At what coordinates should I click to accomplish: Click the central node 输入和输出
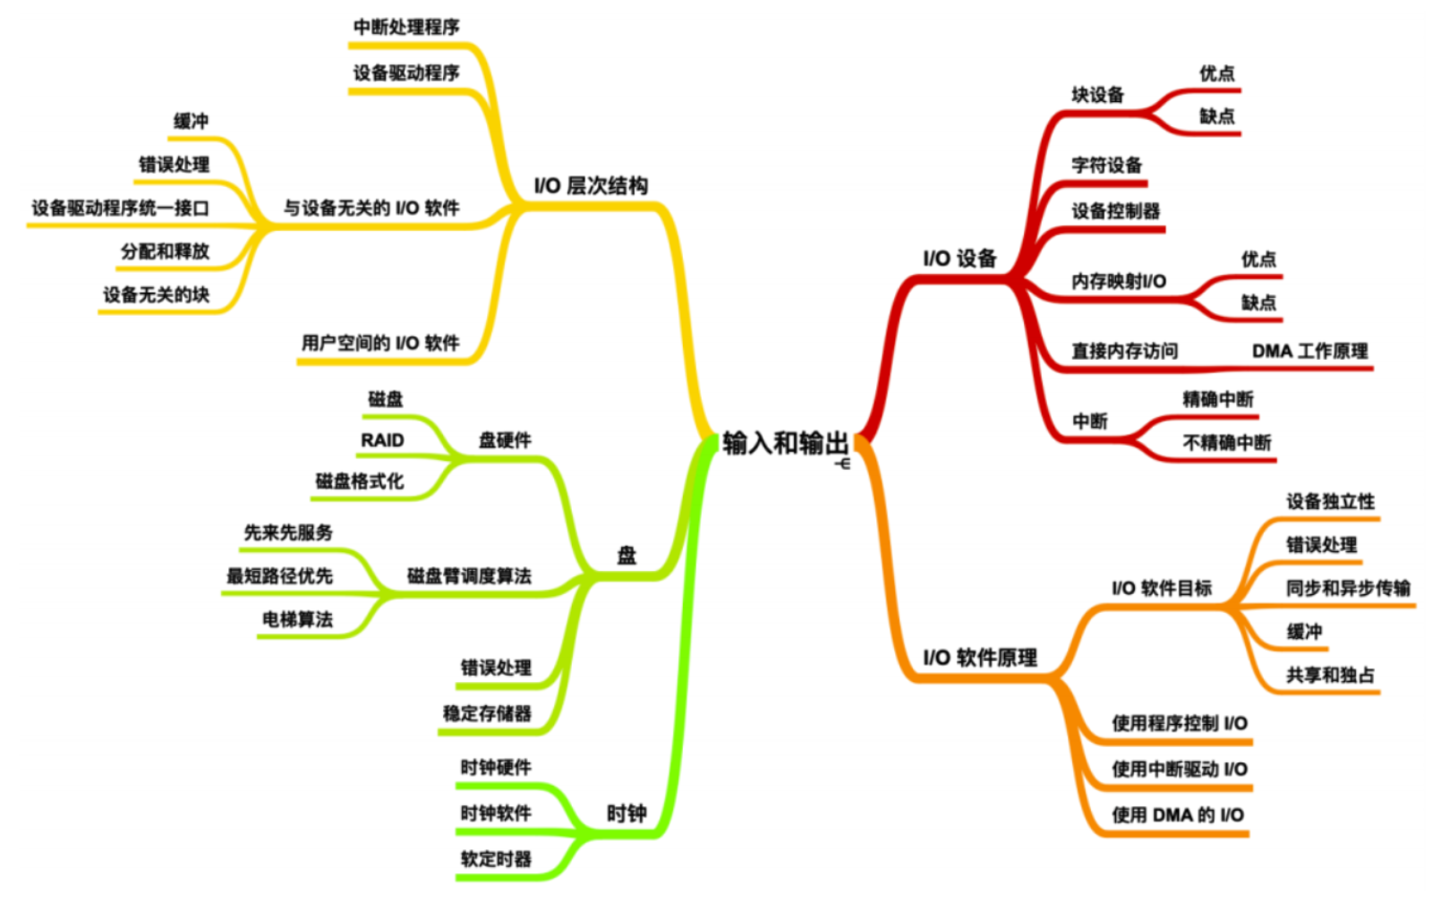[785, 443]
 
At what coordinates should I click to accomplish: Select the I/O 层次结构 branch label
[591, 186]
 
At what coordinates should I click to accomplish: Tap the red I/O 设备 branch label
[959, 259]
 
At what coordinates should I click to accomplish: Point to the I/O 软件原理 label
[980, 658]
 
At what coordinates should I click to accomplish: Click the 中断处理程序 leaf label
[406, 27]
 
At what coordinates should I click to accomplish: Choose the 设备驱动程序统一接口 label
[121, 208]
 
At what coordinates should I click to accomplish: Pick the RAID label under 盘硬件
[382, 440]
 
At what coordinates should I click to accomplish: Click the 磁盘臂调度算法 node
[469, 576]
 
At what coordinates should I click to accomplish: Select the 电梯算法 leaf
[297, 619]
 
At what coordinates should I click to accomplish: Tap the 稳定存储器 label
[487, 713]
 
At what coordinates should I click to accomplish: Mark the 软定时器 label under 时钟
[496, 859]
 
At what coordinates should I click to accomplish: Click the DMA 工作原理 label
[1309, 352]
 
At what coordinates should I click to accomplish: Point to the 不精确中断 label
[1226, 443]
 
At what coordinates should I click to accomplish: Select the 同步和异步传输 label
[1348, 588]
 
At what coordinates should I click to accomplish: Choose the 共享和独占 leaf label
[1330, 676]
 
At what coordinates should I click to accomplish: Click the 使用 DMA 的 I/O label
[1178, 815]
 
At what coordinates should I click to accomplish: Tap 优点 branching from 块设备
[1216, 73]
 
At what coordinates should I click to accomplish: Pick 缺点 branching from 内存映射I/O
[1258, 303]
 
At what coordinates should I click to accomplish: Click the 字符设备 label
[1107, 166]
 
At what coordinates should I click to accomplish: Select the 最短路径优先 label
[279, 576]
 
